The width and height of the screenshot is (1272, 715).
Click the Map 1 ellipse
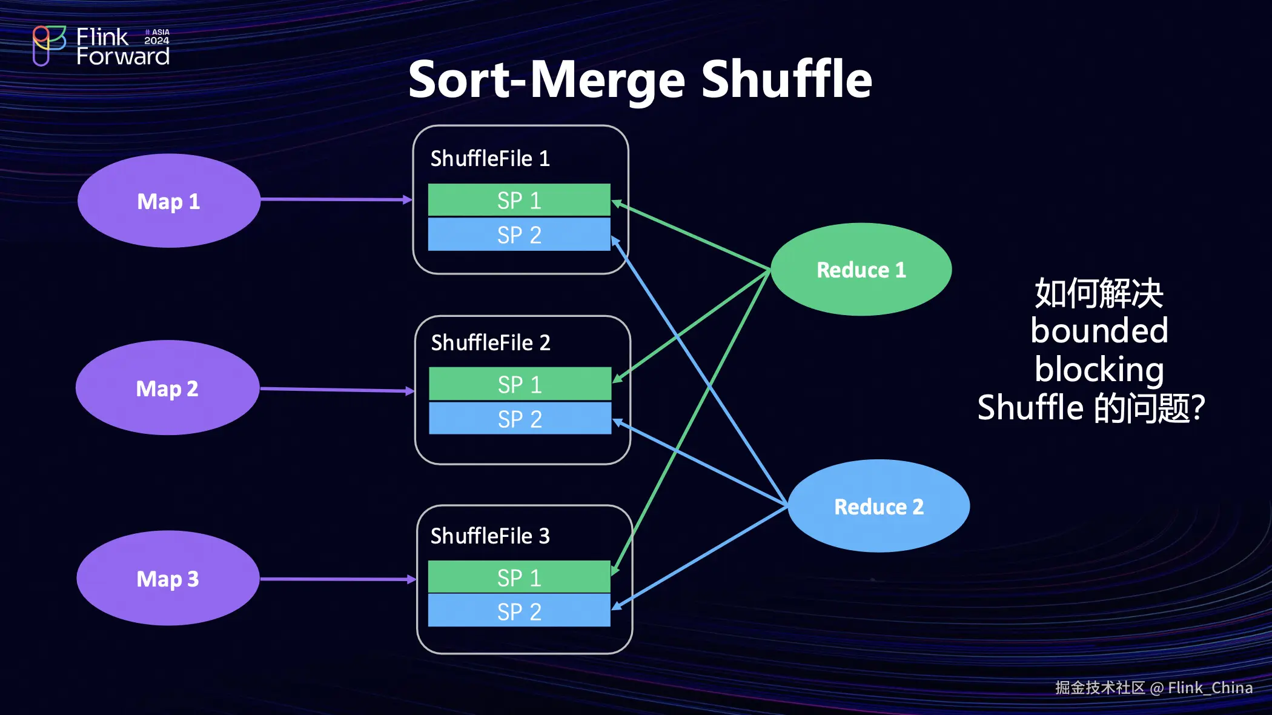pos(169,201)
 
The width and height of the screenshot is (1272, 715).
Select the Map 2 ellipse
pos(168,388)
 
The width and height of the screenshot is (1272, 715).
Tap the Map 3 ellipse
pos(168,579)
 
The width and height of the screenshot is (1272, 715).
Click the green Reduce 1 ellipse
pos(861,270)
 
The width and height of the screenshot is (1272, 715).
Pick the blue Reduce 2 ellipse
pos(878,506)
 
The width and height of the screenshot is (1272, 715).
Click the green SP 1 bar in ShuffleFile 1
pos(519,200)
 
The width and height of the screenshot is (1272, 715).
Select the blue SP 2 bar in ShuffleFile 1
pos(519,234)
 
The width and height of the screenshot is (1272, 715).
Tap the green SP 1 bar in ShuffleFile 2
pos(520,384)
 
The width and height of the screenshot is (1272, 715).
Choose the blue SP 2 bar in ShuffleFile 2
pos(520,419)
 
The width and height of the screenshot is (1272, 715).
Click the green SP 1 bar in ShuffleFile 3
pos(519,577)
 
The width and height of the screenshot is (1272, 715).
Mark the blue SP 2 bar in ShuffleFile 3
pos(519,611)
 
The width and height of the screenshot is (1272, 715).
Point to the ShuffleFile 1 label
pos(490,159)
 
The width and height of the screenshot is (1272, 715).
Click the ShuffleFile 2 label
pos(491,343)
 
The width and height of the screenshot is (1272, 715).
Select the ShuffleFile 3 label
pos(490,536)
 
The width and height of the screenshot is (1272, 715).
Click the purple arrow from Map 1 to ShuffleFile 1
pos(336,199)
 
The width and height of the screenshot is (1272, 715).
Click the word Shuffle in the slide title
pos(786,80)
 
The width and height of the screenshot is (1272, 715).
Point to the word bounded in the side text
pos(1099,331)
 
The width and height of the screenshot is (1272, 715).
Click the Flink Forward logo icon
pos(48,45)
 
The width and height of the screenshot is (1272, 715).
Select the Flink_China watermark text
pos(1210,688)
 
